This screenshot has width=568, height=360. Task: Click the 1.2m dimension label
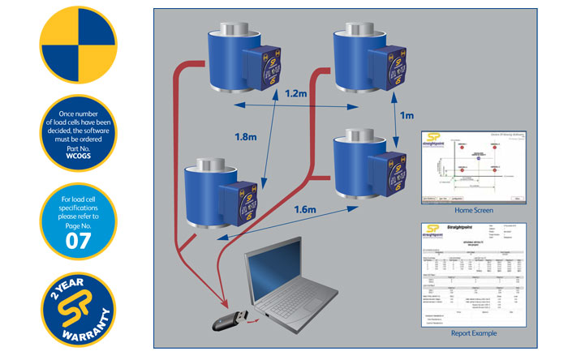(x=296, y=95)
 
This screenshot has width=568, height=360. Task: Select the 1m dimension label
(x=407, y=116)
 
